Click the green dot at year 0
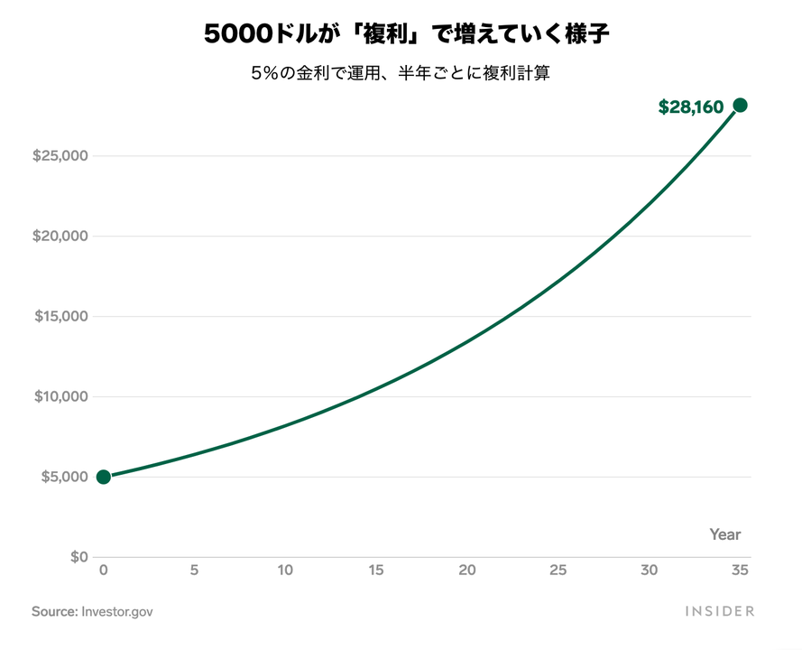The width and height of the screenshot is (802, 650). pyautogui.click(x=104, y=477)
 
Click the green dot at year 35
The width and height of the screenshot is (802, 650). pyautogui.click(x=740, y=106)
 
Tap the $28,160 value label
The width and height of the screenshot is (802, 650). pyautogui.click(x=691, y=107)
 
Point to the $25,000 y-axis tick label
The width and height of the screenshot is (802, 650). pyautogui.click(x=60, y=156)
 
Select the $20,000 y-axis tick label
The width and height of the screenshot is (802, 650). pyautogui.click(x=60, y=237)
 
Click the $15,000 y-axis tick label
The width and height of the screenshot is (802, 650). pyautogui.click(x=60, y=317)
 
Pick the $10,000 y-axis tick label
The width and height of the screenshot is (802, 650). pyautogui.click(x=60, y=396)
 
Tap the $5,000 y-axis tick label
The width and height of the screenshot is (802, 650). pyautogui.click(x=64, y=477)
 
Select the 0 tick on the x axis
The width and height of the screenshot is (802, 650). pyautogui.click(x=104, y=571)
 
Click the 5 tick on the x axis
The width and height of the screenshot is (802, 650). pyautogui.click(x=195, y=571)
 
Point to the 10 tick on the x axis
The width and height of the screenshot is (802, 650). pyautogui.click(x=285, y=571)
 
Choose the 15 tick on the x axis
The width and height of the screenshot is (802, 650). pyautogui.click(x=376, y=571)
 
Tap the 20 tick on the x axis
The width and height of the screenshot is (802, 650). pyautogui.click(x=467, y=571)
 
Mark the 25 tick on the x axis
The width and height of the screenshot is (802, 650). pyautogui.click(x=558, y=571)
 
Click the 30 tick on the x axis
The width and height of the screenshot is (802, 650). pyautogui.click(x=649, y=571)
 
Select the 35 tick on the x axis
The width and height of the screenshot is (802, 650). pyautogui.click(x=740, y=571)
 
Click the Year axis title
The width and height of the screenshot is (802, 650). pyautogui.click(x=724, y=534)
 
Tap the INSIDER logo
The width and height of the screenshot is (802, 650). pyautogui.click(x=719, y=611)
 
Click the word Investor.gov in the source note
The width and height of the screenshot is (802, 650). pyautogui.click(x=117, y=611)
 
